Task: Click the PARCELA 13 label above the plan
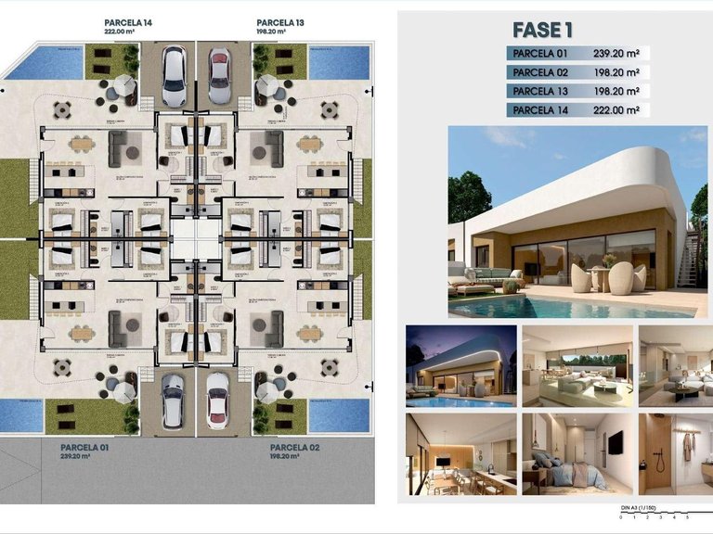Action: point(279,21)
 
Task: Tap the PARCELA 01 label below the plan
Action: point(84,448)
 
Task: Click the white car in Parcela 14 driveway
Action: point(174,76)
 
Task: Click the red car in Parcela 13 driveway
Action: point(219,77)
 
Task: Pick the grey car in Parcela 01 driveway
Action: point(174,400)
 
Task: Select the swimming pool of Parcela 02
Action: point(332,415)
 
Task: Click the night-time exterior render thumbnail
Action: point(460,365)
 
